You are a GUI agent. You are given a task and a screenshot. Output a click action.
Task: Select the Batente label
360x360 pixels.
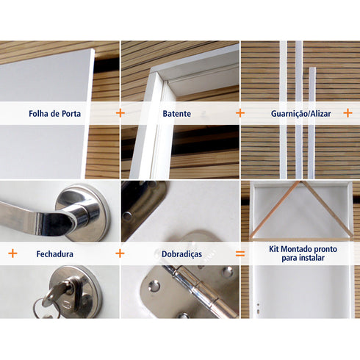click(x=176, y=114)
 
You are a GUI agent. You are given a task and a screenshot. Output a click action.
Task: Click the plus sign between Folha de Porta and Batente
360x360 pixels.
click(x=120, y=113)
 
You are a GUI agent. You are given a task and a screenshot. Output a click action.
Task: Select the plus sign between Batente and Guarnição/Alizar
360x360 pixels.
click(x=240, y=113)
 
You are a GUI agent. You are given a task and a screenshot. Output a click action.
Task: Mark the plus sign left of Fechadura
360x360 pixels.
click(x=12, y=253)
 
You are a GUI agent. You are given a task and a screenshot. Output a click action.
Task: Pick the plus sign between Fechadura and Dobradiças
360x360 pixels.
click(x=120, y=253)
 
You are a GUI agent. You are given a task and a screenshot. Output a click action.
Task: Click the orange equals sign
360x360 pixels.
click(x=240, y=253)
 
